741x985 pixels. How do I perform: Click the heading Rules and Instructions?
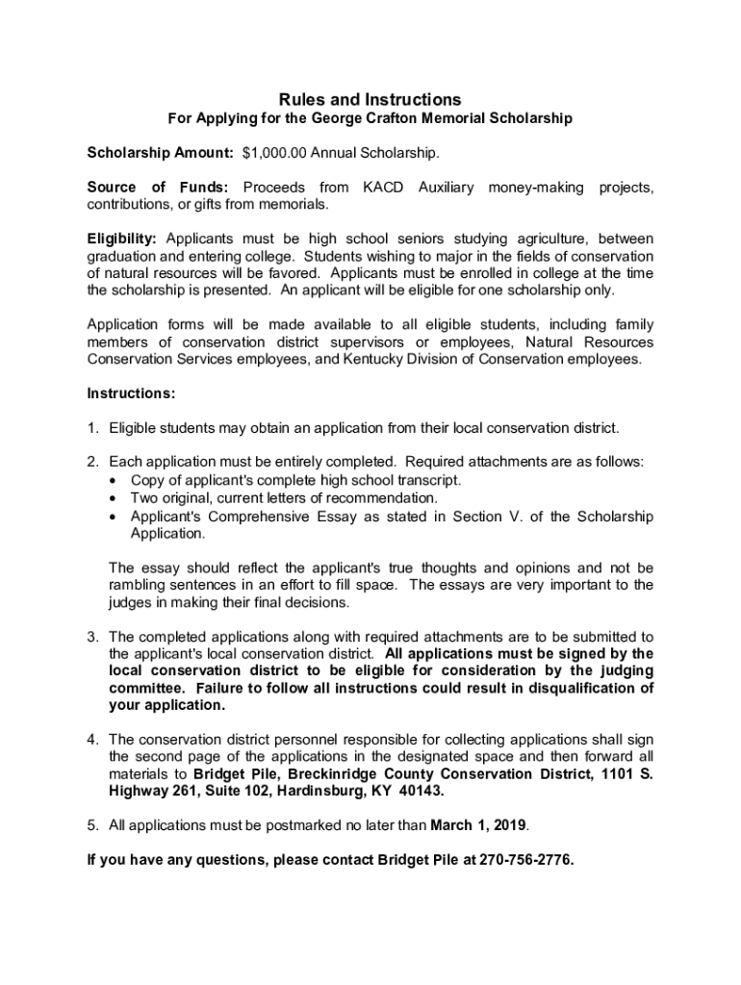tap(370, 100)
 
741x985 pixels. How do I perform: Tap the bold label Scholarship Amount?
tap(160, 153)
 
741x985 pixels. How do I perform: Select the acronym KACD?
tap(383, 187)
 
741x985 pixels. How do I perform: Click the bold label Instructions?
tap(132, 393)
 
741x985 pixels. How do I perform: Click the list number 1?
tap(92, 427)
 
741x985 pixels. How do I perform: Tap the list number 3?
tap(92, 637)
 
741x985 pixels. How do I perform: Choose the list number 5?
tap(92, 824)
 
